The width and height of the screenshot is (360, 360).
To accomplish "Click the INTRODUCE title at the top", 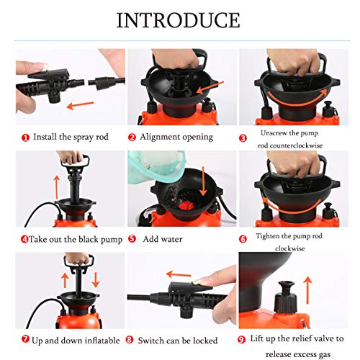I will pos(179,19).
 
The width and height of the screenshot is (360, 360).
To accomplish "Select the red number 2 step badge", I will pos(132,136).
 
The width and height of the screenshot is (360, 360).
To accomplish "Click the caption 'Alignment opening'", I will pos(176,136).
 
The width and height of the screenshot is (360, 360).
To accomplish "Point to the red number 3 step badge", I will pos(244,137).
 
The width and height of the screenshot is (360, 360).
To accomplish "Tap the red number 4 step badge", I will pos(24,239).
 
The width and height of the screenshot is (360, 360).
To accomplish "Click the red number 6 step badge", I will pos(244,238).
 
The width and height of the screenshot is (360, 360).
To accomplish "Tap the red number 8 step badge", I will pos(131,338).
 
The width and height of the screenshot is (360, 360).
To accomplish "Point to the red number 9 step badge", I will pos(244,338).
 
